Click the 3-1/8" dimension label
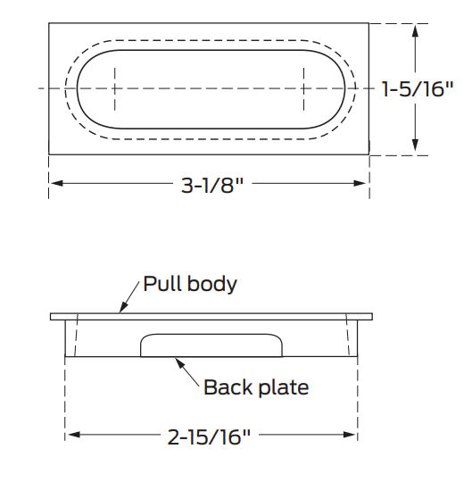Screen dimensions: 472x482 [x=212, y=186]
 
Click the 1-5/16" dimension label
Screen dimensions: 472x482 [x=418, y=89]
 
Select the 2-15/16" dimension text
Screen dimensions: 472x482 [x=209, y=436]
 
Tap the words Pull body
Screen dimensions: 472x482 [x=190, y=285]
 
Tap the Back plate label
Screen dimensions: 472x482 [x=256, y=387]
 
